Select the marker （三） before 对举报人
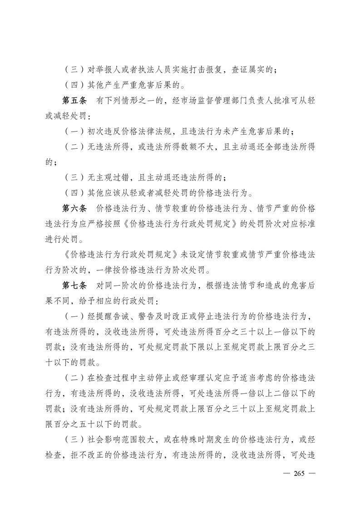(72, 70)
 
